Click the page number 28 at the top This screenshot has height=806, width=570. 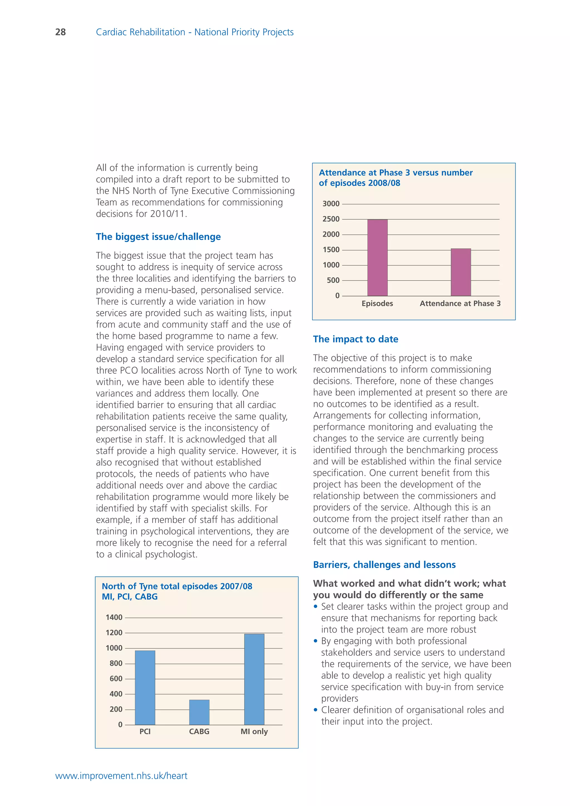coord(60,32)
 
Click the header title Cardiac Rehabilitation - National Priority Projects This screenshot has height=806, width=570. coord(195,32)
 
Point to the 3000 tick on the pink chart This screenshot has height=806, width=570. coord(331,204)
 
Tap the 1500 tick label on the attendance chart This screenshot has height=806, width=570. coord(331,250)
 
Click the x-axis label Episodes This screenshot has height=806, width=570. coord(377,303)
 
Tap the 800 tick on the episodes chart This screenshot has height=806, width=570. coord(116,663)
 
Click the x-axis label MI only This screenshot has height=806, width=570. coord(254,732)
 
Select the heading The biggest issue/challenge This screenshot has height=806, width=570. coord(158,237)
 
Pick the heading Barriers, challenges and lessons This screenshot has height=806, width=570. coord(384,564)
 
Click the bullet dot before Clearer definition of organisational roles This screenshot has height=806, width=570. coord(316,710)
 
